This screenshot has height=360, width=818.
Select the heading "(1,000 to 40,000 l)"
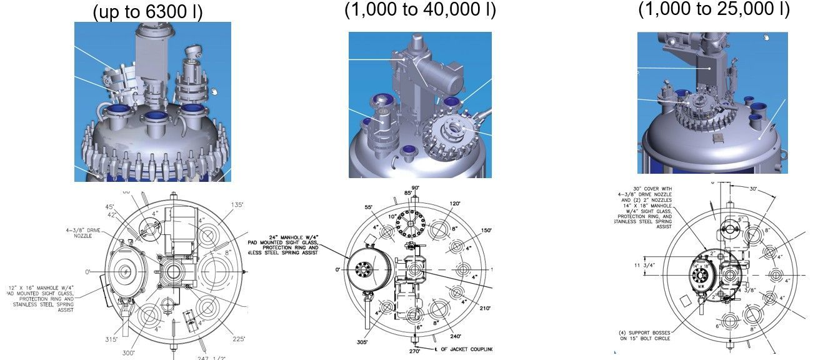[x=420, y=9]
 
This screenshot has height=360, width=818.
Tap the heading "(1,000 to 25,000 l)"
[x=714, y=8]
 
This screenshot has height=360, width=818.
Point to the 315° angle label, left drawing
[x=112, y=339]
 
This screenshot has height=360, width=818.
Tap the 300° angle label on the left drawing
[x=128, y=352]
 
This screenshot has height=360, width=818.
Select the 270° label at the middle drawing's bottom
[x=414, y=351]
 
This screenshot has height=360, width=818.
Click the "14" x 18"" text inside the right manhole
[x=703, y=266]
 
